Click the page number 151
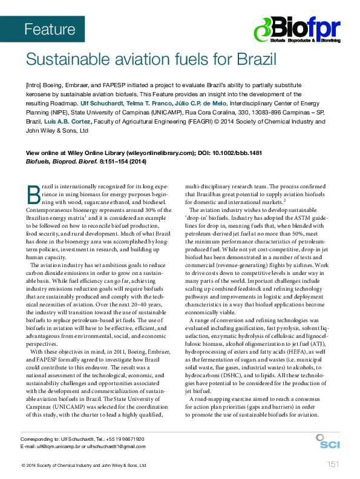tap(332, 464)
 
